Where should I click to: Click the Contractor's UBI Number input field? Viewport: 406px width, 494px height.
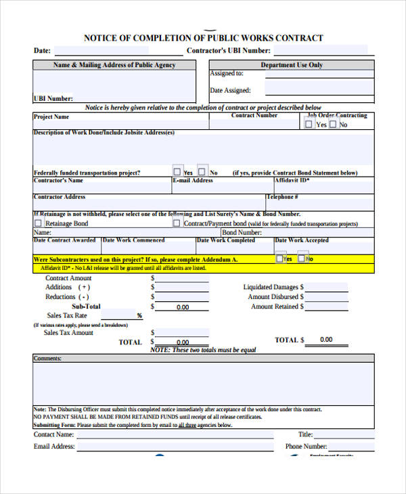tap(321, 50)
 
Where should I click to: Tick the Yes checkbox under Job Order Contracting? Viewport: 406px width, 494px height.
tap(310, 125)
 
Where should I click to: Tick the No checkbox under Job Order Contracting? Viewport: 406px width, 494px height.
tap(333, 125)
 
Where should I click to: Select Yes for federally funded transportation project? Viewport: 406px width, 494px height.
tap(177, 171)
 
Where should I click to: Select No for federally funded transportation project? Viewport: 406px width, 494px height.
tap(204, 171)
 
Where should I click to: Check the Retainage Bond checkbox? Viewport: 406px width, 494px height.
tap(39, 223)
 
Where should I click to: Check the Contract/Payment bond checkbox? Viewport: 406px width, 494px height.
tap(177, 223)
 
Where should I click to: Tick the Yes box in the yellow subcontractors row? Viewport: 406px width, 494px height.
tap(280, 258)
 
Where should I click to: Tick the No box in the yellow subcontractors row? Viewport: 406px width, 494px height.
tap(302, 258)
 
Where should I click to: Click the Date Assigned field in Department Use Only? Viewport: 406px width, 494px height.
tap(319, 90)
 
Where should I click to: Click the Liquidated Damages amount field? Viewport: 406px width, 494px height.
tap(326, 287)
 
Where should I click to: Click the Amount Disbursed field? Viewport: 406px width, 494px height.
tap(326, 296)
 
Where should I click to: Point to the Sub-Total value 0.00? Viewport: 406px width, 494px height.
tap(183, 307)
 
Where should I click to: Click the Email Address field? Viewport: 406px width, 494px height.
tap(175, 447)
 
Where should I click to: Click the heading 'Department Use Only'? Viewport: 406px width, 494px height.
tap(292, 65)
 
